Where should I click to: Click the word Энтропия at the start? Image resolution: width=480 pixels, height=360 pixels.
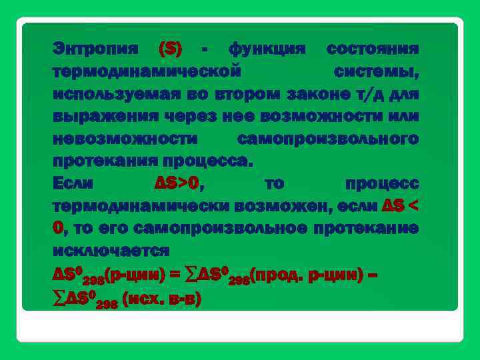tap(96, 49)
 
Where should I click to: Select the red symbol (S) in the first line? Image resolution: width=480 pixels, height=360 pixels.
tap(170, 49)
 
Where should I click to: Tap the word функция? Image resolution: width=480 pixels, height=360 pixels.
tap(267, 49)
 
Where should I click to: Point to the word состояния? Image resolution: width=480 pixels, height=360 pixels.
tap(373, 49)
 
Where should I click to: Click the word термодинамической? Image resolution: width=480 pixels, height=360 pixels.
tap(146, 71)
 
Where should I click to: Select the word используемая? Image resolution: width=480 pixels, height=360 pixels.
tap(110, 94)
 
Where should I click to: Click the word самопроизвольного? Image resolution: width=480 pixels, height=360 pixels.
tap(328, 139)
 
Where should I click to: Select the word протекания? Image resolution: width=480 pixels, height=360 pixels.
tap(107, 161)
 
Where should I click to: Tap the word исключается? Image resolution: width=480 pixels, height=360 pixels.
tap(111, 251)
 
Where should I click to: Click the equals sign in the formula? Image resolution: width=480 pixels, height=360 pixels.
tap(175, 275)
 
